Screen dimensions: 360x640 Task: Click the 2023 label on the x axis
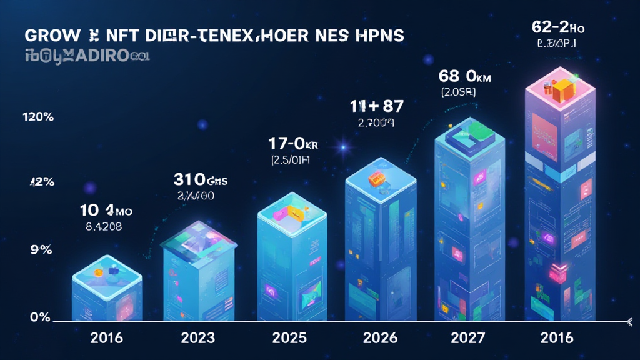(x=198, y=338)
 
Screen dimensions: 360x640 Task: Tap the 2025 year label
(x=289, y=338)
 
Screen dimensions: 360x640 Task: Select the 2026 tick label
(x=380, y=338)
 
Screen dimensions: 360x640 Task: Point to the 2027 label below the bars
(x=468, y=338)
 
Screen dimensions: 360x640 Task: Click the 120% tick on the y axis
(x=37, y=117)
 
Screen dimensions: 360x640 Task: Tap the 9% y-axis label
(x=41, y=249)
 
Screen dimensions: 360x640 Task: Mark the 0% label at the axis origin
(x=40, y=317)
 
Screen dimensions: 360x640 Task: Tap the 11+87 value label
(x=375, y=107)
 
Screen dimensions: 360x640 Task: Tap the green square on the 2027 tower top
(x=481, y=129)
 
